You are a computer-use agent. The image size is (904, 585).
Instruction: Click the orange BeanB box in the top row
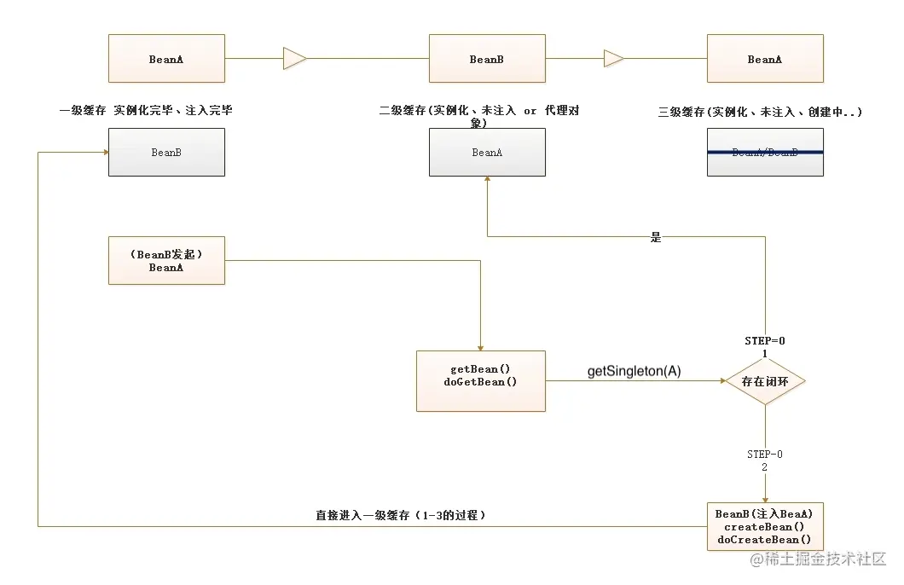click(x=486, y=59)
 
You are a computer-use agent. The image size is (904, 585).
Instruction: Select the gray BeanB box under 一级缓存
click(x=166, y=152)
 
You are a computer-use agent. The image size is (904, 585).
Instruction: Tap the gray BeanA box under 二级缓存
click(x=486, y=152)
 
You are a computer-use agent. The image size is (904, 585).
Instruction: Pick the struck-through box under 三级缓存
click(x=765, y=152)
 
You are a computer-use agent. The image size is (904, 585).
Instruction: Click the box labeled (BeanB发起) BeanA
click(x=166, y=260)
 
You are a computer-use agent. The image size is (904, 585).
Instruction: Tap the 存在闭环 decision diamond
click(x=765, y=381)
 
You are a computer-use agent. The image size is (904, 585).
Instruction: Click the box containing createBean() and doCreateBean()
click(x=765, y=526)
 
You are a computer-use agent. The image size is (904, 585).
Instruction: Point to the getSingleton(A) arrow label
click(x=634, y=372)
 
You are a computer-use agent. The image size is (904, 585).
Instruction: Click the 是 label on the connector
click(x=656, y=237)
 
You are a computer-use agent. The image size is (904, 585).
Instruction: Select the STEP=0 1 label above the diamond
click(x=765, y=347)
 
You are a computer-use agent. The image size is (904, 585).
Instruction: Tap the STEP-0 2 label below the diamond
click(x=765, y=460)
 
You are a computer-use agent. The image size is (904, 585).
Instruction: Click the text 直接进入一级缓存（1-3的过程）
click(x=401, y=516)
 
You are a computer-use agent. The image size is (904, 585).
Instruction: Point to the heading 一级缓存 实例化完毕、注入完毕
click(x=146, y=110)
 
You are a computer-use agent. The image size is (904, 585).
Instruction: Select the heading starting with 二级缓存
click(x=479, y=116)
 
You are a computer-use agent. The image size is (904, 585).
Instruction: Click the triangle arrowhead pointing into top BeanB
click(x=294, y=59)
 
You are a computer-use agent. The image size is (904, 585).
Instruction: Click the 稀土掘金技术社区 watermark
click(x=825, y=559)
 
